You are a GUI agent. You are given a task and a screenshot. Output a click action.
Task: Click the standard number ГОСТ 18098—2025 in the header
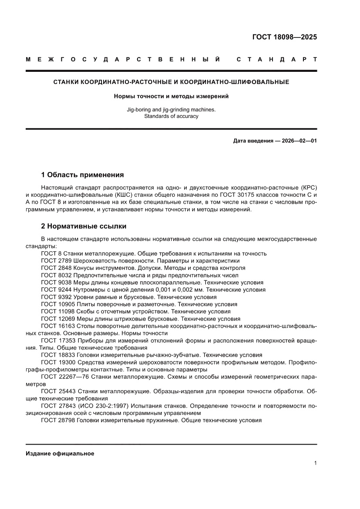coord(285,37)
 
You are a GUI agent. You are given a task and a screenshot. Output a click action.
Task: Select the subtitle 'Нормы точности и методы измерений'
coord(171,96)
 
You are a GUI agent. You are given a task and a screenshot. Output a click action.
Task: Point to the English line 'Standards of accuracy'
coord(171,116)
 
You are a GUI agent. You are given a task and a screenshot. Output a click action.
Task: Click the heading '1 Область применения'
coord(82,175)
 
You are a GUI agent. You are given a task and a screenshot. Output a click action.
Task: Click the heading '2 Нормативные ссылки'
coord(84,226)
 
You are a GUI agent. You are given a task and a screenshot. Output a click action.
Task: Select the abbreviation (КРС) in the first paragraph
coord(308,187)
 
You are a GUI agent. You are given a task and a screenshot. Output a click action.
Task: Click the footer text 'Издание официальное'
coord(60,453)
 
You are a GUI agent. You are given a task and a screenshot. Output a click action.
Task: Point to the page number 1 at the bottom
coord(315,463)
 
